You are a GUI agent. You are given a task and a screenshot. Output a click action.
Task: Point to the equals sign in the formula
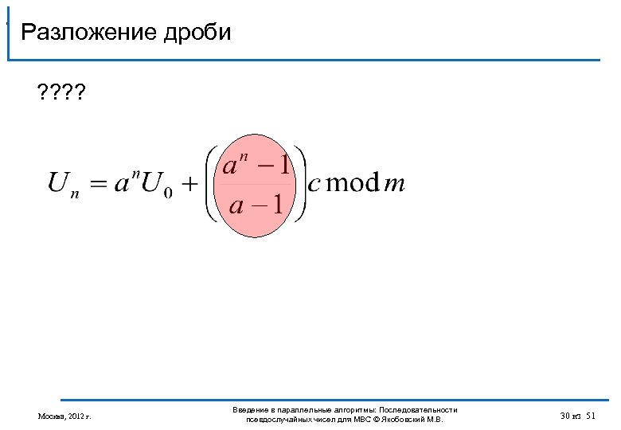pos(97,184)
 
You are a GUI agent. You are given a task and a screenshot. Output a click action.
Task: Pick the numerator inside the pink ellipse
pos(256,166)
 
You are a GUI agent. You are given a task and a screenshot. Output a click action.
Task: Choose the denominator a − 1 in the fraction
pos(256,205)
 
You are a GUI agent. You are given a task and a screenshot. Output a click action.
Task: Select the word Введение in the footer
pos(248,409)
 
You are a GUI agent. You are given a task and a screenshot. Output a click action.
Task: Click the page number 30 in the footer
pos(565,416)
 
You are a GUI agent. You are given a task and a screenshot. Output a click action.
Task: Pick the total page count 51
pos(591,416)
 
